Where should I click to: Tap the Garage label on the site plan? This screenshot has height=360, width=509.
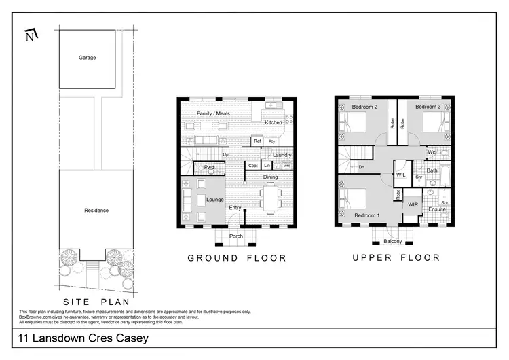point(87,58)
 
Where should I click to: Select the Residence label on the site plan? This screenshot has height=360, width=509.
point(96,210)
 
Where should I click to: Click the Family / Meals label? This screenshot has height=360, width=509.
point(213,113)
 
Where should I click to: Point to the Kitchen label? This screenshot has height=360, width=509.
point(274,122)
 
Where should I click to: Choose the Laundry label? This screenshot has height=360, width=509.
point(282,156)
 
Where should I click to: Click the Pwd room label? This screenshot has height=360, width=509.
point(210,166)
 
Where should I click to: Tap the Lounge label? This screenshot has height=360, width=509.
point(215,200)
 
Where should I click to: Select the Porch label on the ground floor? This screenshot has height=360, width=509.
point(235,236)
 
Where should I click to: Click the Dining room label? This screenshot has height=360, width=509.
point(271,177)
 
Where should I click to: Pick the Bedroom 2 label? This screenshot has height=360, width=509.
point(364,107)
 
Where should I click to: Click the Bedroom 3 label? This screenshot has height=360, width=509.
point(428,107)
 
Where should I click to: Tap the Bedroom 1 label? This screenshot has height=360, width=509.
point(367,216)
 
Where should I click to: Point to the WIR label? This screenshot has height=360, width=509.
point(413,204)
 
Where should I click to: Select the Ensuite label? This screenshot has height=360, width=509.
point(438,209)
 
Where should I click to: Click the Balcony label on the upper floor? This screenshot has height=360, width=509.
point(393,241)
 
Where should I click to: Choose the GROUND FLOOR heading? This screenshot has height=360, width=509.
point(237,258)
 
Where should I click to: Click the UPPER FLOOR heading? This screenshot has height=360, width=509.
point(396,258)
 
